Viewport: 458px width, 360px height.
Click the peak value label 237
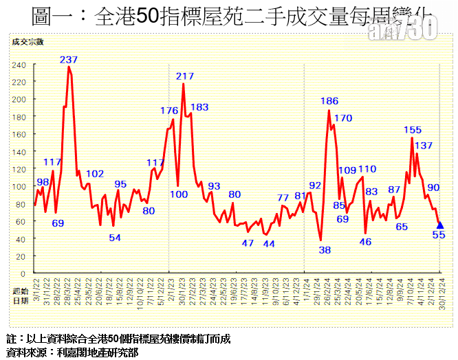68,60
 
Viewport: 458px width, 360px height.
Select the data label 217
185,76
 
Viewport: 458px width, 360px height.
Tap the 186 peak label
329,101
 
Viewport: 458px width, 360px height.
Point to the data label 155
413,130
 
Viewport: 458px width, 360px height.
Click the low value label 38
325,250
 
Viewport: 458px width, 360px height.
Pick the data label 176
169,111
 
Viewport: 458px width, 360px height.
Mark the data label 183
199,107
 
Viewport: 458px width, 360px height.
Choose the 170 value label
343,118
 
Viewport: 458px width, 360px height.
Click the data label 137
424,145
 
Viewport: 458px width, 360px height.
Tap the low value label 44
269,244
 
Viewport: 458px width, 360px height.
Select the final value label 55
439,235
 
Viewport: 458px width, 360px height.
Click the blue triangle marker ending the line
440,225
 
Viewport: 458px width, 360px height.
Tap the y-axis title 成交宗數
28,42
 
